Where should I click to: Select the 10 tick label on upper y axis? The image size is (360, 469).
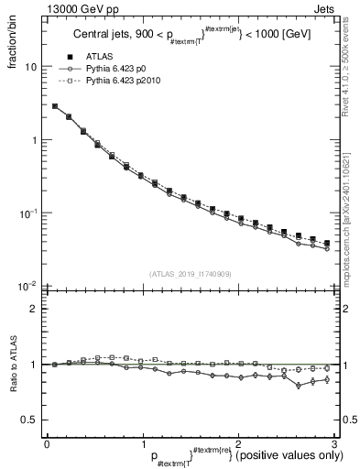[29, 67]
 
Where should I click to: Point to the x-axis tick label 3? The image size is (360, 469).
[334, 445]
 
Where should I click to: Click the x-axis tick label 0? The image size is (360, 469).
[47, 445]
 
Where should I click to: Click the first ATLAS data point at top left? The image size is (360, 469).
[55, 106]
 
